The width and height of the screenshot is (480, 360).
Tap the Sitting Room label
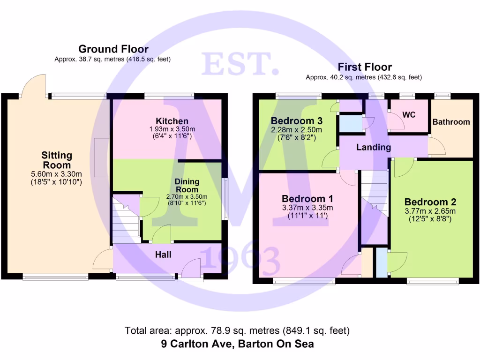(57, 160)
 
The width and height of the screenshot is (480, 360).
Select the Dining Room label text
(187, 185)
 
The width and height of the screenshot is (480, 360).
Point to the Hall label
(163, 255)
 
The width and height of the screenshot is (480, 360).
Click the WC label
(409, 114)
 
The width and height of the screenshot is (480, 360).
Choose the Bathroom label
(451, 122)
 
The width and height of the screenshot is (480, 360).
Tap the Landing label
(374, 147)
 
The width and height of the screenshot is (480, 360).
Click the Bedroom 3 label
(296, 121)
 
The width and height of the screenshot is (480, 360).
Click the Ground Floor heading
(113, 49)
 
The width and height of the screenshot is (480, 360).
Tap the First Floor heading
(364, 67)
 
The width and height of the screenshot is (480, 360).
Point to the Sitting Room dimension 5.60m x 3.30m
(57, 174)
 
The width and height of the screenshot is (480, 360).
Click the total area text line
(237, 330)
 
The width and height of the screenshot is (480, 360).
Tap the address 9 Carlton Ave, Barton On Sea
(237, 344)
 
